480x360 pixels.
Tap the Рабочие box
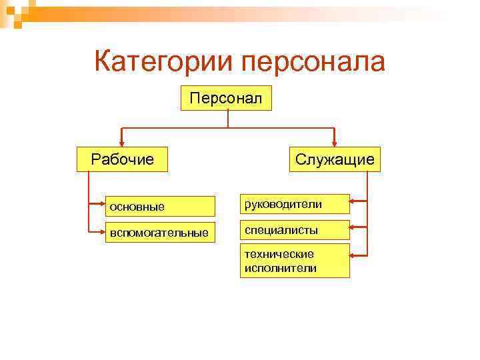(x=122, y=159)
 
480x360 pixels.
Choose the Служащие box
(x=335, y=159)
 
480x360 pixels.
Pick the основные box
(x=160, y=206)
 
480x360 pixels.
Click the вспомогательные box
(x=160, y=233)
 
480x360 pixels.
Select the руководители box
(x=295, y=204)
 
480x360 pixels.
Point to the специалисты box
(x=295, y=230)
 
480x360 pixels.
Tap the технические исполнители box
(x=295, y=261)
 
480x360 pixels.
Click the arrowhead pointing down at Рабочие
(x=121, y=141)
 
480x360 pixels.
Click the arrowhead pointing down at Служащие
(x=335, y=141)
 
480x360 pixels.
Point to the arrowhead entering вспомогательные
(x=100, y=231)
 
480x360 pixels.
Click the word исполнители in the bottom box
(x=280, y=268)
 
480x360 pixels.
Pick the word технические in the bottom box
(x=279, y=254)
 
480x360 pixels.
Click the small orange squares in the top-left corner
(x=12, y=12)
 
